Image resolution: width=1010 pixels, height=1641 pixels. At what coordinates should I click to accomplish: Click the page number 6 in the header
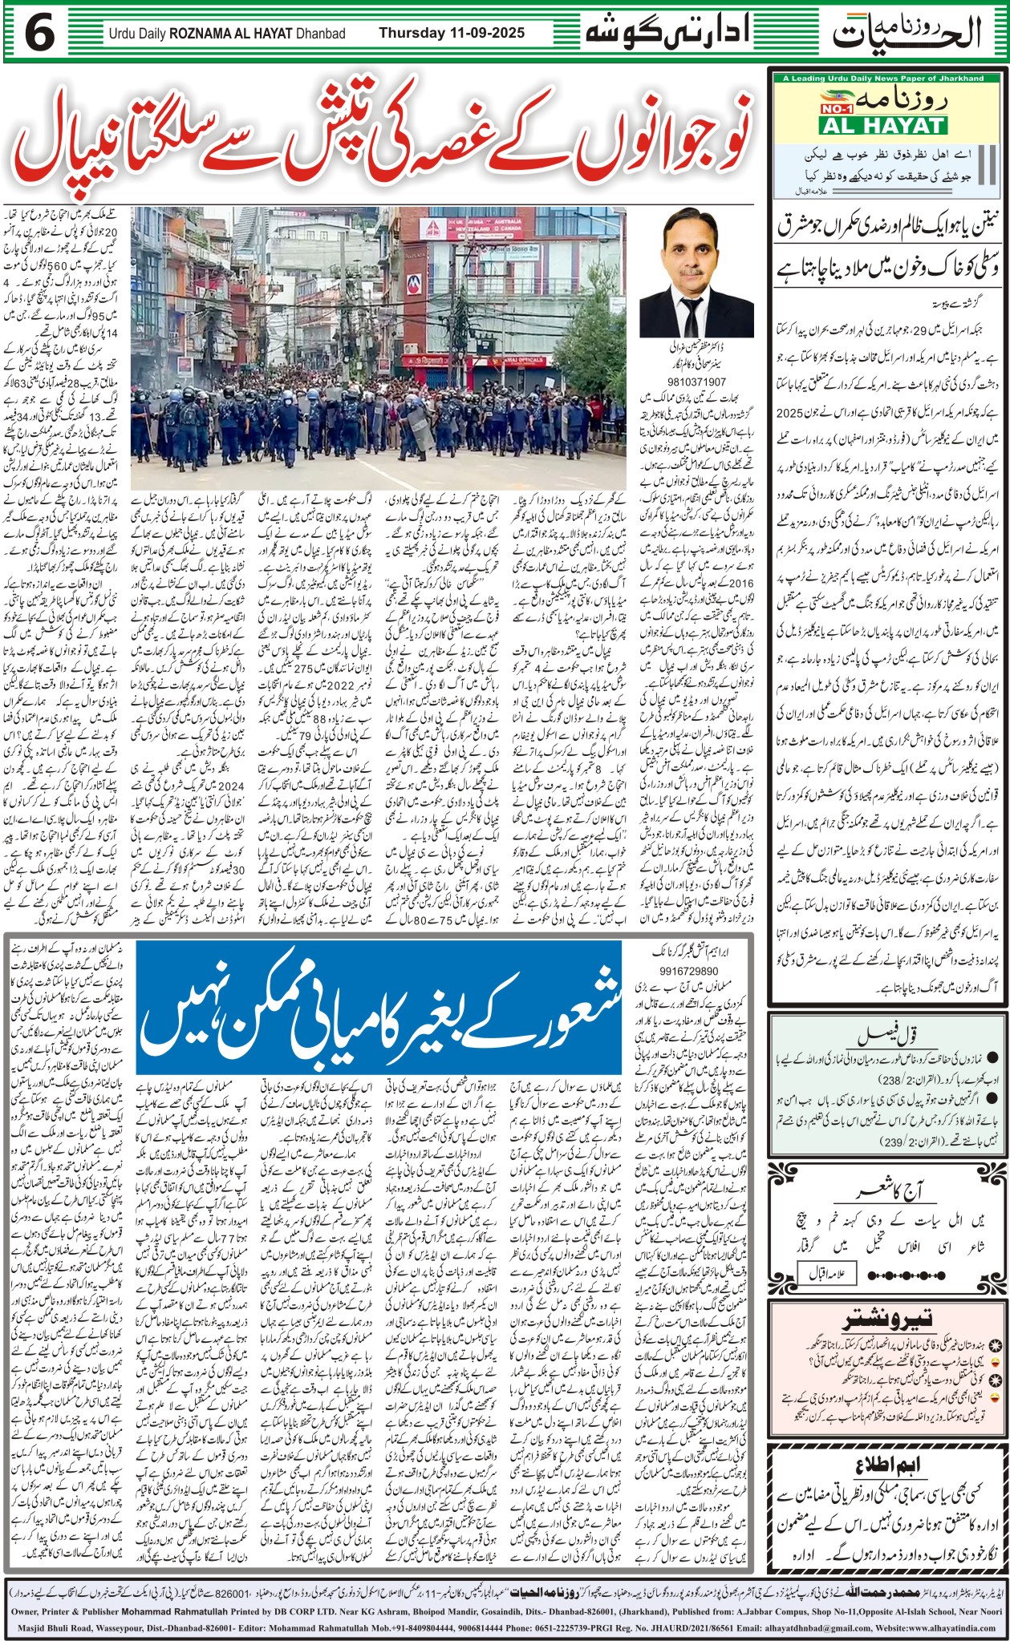point(39,33)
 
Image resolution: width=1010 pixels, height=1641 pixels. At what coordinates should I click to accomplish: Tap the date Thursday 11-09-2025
point(452,33)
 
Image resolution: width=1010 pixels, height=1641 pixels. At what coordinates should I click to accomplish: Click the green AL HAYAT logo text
point(882,126)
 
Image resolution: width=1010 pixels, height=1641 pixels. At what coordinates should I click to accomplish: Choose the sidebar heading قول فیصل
point(887,1035)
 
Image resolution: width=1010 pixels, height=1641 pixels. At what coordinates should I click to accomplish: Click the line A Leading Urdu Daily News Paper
point(883,78)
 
